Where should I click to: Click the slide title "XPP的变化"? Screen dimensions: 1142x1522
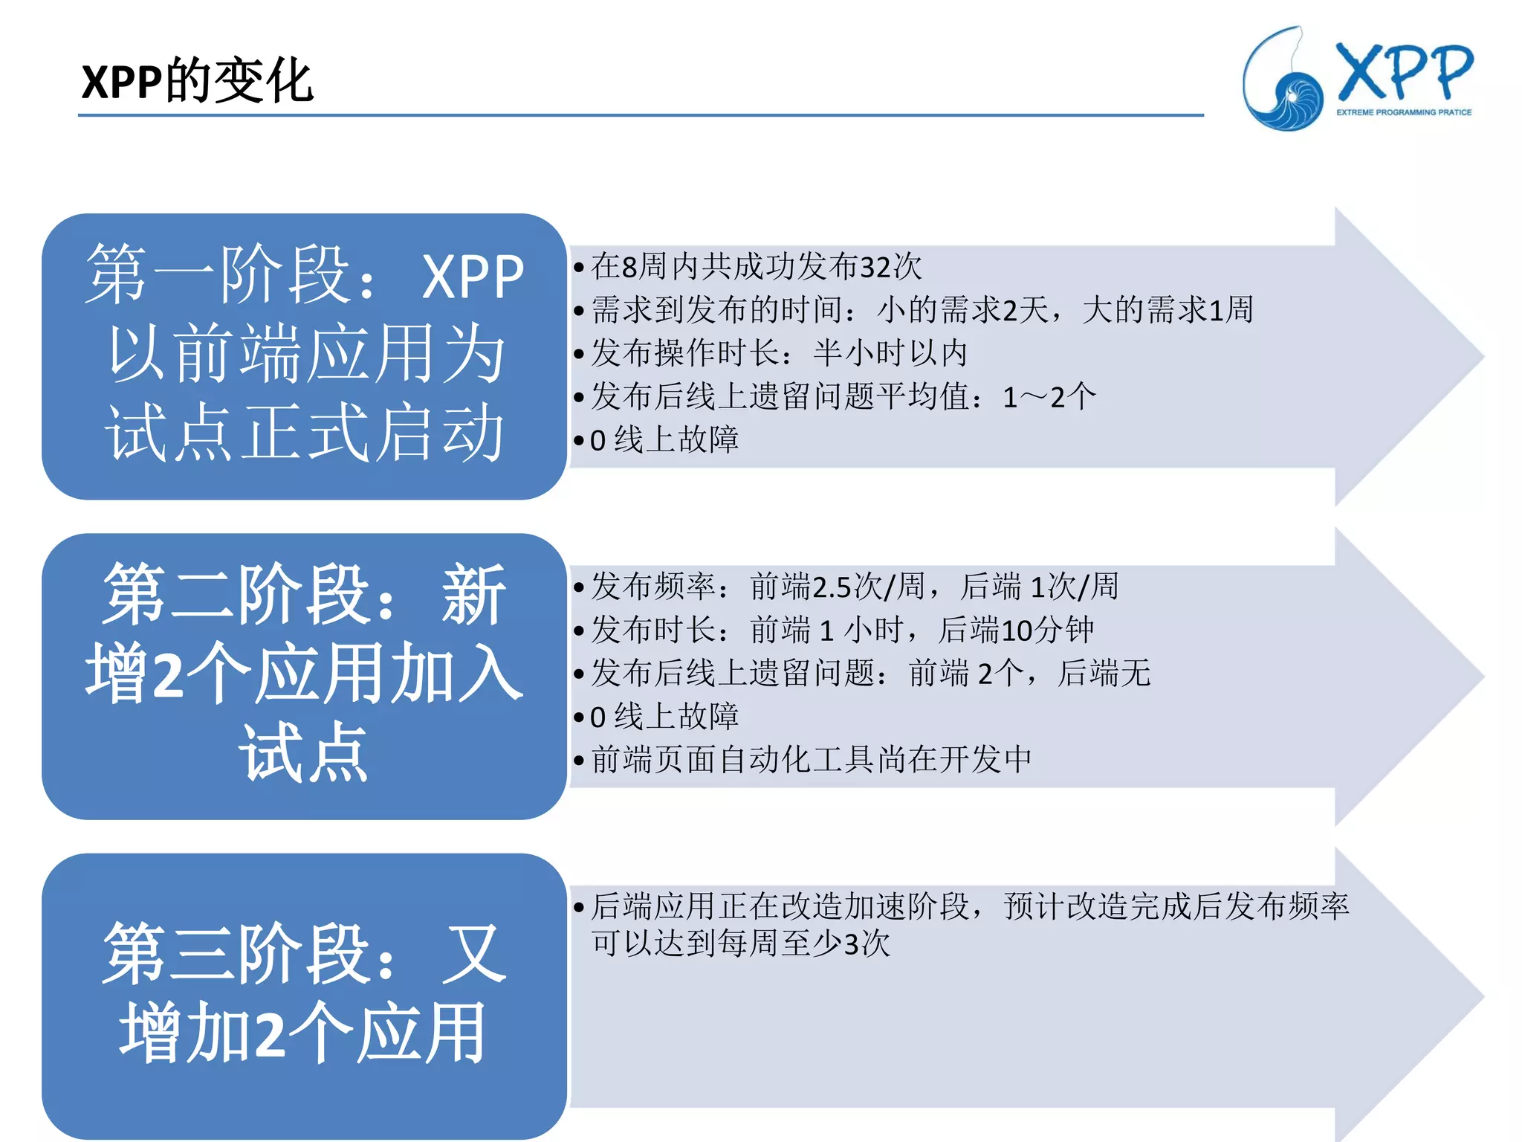pos(197,81)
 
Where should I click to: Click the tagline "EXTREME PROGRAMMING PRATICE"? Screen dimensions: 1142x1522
pos(1404,113)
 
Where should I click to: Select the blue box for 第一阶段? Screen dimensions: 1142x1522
pos(304,356)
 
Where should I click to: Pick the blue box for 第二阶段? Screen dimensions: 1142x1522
pos(304,676)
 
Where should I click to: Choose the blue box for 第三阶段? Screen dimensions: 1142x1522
pos(304,996)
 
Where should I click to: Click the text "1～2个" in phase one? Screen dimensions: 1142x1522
pos(1049,397)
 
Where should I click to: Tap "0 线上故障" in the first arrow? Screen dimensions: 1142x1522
pos(664,440)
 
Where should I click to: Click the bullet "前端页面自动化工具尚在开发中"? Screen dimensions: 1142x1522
pos(812,760)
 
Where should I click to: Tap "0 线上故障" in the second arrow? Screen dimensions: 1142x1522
pos(664,717)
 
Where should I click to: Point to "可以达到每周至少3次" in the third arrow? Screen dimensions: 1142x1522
pos(740,944)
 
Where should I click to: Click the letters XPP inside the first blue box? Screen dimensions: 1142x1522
pos(473,277)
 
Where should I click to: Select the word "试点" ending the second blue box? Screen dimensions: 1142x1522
pos(304,753)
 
